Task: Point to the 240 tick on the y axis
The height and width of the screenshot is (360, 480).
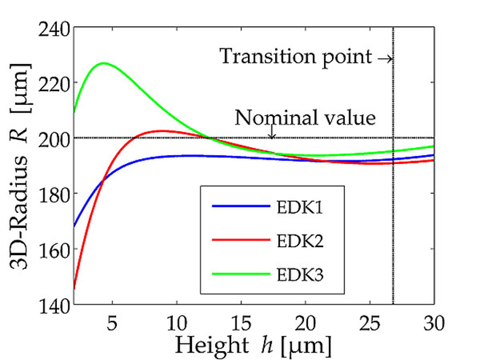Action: coord(54,28)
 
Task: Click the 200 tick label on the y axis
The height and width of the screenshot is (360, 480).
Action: coord(54,138)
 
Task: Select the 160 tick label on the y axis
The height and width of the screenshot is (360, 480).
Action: coord(54,249)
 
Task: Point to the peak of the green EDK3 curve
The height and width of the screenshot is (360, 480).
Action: coord(104,63)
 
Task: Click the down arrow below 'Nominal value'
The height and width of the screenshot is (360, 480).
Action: coord(271,133)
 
